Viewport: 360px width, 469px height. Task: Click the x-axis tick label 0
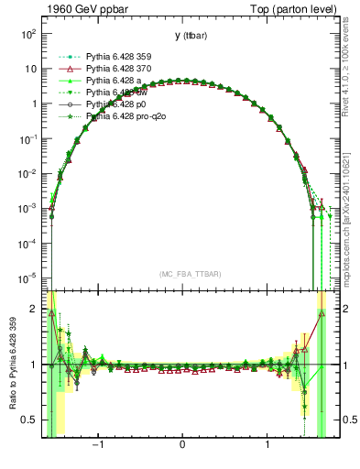183,448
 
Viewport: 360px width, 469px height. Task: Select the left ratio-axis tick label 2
35,309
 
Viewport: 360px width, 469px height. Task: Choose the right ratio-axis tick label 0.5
337,420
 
